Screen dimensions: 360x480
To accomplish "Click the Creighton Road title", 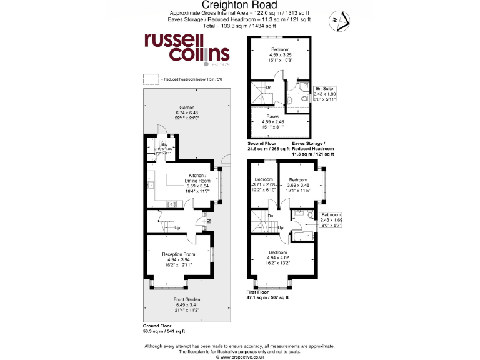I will click(239, 5).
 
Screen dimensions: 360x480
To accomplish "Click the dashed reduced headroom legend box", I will click(151, 79).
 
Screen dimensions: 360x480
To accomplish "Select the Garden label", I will click(187, 111).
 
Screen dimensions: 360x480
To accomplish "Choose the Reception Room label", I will click(178, 259).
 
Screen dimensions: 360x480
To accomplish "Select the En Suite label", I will click(324, 94).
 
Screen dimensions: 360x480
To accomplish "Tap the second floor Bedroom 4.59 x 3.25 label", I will click(280, 54).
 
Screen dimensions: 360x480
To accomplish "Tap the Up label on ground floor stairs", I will click(178, 227).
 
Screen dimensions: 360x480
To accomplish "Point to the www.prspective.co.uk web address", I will click(239, 356).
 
